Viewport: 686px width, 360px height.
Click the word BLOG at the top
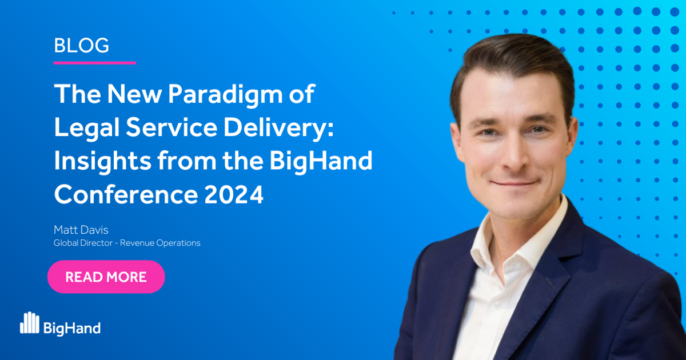[81, 45]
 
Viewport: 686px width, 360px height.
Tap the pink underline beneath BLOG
[94, 62]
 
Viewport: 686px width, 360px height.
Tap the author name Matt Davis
[81, 230]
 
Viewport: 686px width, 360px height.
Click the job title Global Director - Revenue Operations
[127, 243]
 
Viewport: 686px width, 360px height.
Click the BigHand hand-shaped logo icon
[29, 323]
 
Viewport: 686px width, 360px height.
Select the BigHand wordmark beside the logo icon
[72, 327]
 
